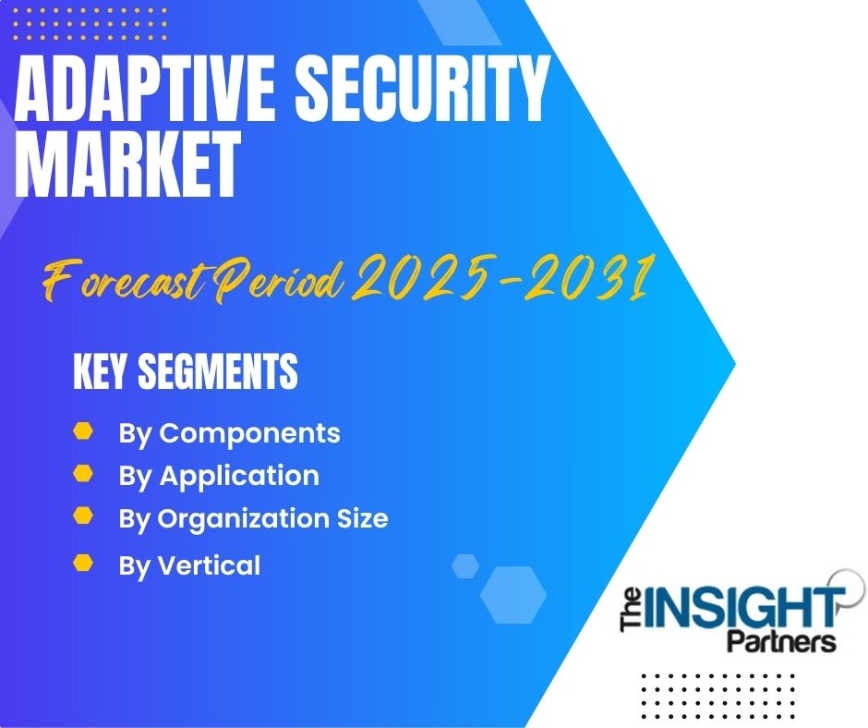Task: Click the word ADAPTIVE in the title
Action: (145, 90)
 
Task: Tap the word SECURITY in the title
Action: (422, 90)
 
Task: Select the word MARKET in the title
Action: (127, 164)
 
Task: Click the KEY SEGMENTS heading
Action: (186, 371)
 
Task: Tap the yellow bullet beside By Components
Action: (83, 431)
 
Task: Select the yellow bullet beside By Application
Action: (83, 474)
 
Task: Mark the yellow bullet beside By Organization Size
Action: (83, 516)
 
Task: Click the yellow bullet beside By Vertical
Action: (83, 563)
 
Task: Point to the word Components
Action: (249, 434)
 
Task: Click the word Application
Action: (240, 477)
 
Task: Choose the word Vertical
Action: (210, 565)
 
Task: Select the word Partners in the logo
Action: (781, 641)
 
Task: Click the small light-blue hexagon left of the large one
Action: (465, 566)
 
